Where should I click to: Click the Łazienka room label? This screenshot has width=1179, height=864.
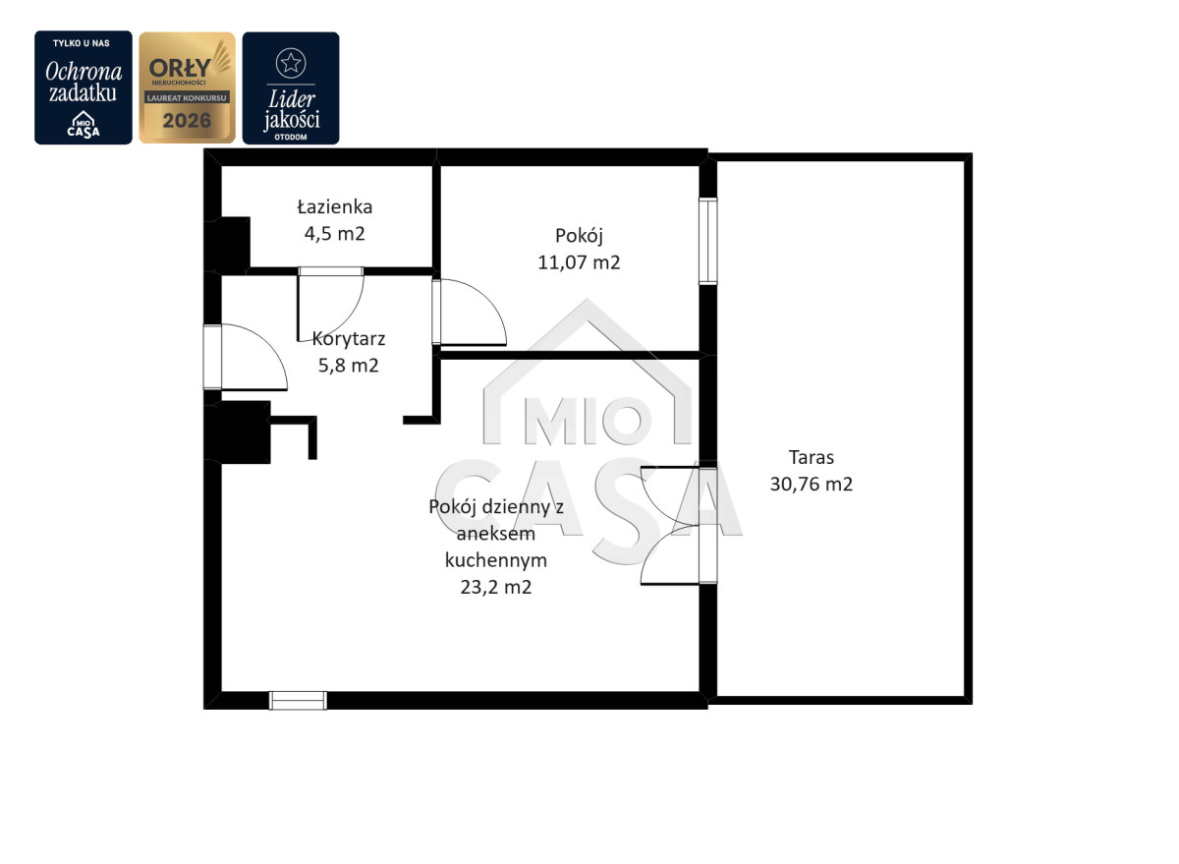click(x=335, y=206)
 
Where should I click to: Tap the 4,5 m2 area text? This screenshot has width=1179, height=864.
click(x=335, y=233)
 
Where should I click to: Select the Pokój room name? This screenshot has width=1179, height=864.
click(x=579, y=236)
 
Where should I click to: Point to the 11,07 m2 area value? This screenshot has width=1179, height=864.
click(x=579, y=262)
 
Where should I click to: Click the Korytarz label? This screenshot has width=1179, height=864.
click(x=349, y=338)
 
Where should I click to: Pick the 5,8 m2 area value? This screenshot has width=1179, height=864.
click(x=349, y=366)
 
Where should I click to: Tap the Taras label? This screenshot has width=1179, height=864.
click(x=812, y=457)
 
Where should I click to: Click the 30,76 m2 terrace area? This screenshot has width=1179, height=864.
click(x=812, y=484)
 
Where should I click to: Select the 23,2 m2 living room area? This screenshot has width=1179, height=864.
click(x=496, y=587)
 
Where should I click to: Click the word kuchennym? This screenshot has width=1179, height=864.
click(x=496, y=560)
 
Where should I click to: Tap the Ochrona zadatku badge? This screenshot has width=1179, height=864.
click(x=84, y=87)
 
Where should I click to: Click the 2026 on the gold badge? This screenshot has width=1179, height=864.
click(x=187, y=121)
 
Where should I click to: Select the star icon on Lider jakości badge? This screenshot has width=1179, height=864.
click(x=291, y=63)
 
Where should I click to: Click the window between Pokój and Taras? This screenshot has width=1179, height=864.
click(x=708, y=241)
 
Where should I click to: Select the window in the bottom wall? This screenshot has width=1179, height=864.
click(x=298, y=700)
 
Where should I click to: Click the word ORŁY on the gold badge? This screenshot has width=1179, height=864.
click(x=180, y=68)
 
